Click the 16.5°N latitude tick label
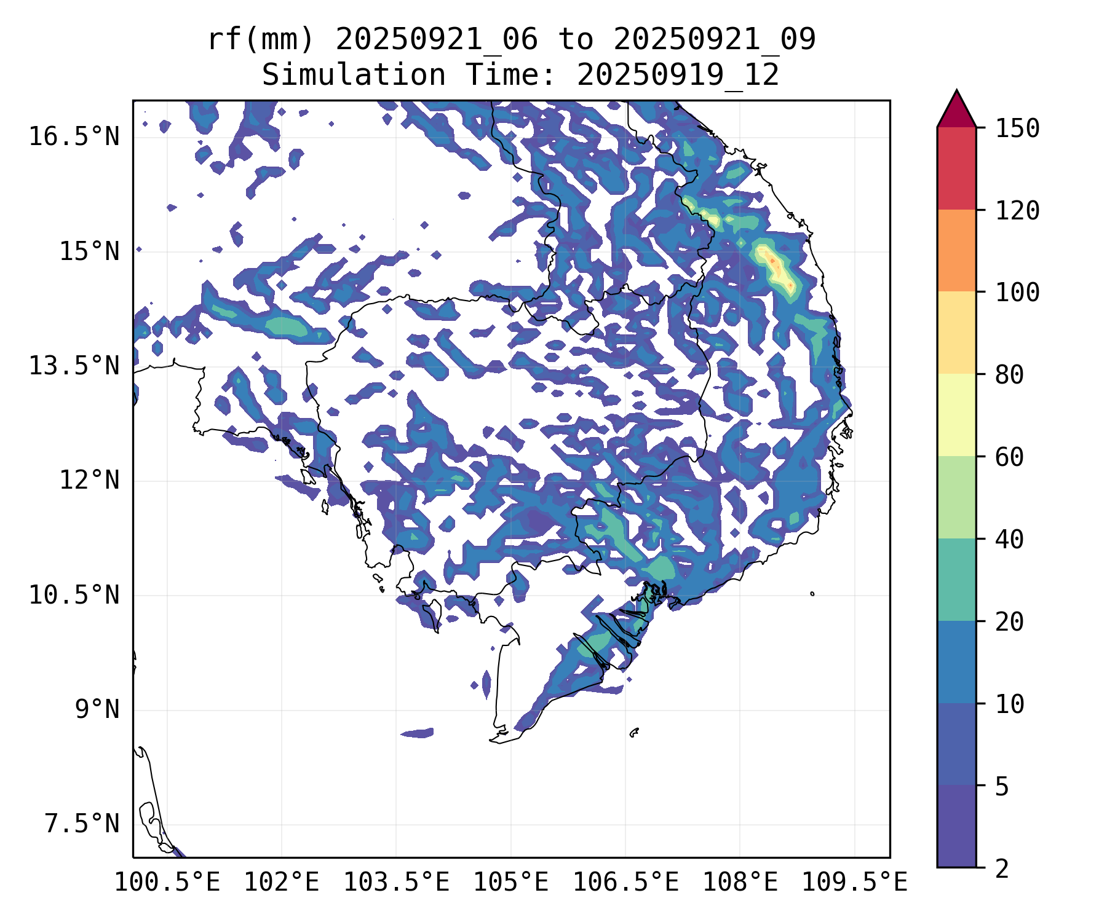pyautogui.click(x=74, y=136)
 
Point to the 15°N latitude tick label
pyautogui.click(x=89, y=252)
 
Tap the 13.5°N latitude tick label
pyautogui.click(x=74, y=366)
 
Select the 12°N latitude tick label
pyautogui.click(x=89, y=480)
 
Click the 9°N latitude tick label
pyautogui.click(x=97, y=709)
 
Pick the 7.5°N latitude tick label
pyautogui.click(x=82, y=824)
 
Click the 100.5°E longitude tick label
pyautogui.click(x=167, y=883)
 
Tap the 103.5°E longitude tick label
pyautogui.click(x=396, y=883)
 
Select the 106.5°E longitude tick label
pyautogui.click(x=625, y=883)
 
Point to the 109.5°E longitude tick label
pyautogui.click(x=854, y=883)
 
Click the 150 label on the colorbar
pyautogui.click(x=1017, y=128)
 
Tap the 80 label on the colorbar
pyautogui.click(x=1009, y=374)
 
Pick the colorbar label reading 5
pyautogui.click(x=1002, y=786)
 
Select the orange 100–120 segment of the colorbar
pyautogui.click(x=956, y=250)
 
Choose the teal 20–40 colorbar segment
pyautogui.click(x=956, y=580)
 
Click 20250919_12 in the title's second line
pyautogui.click(x=678, y=76)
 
